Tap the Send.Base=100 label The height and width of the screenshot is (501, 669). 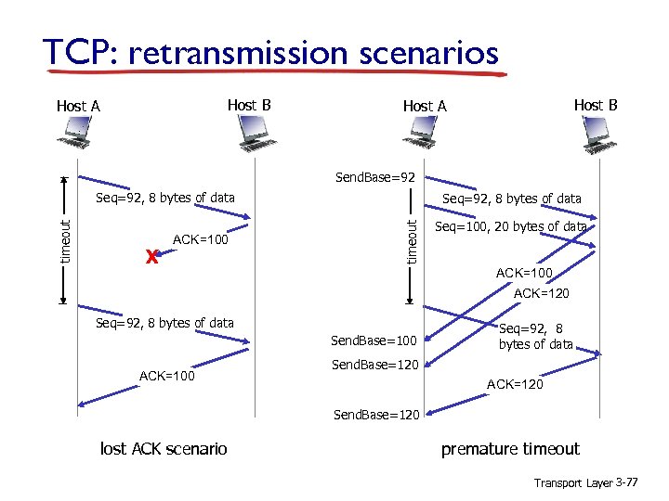pyautogui.click(x=374, y=342)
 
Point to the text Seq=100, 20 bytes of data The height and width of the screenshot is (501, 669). pyautogui.click(x=511, y=226)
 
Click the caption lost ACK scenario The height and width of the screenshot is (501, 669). pyautogui.click(x=163, y=449)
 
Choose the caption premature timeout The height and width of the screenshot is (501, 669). pyautogui.click(x=510, y=449)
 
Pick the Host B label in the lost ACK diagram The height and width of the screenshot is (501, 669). pyautogui.click(x=249, y=105)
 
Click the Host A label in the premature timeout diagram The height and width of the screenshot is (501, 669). pyautogui.click(x=425, y=106)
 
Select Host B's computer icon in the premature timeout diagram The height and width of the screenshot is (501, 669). pyautogui.click(x=599, y=138)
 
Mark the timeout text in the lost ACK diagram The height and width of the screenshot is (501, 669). pyautogui.click(x=65, y=240)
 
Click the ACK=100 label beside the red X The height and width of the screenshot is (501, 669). pyautogui.click(x=201, y=240)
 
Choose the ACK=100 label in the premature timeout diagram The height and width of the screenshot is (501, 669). pyautogui.click(x=524, y=273)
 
